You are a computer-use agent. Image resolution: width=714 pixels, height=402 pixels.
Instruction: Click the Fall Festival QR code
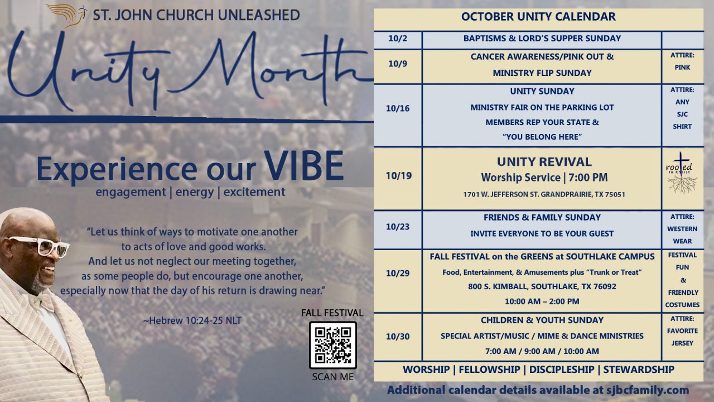click(332, 344)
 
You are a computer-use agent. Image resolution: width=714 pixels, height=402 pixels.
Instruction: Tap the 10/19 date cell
click(398, 176)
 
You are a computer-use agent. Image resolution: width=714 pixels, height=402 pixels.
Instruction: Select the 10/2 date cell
click(398, 39)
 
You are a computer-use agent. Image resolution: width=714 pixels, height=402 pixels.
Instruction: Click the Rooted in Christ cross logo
click(682, 173)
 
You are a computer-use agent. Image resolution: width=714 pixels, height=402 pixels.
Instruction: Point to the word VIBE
click(304, 165)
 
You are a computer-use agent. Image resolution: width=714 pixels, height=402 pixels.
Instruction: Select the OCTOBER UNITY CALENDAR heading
click(538, 17)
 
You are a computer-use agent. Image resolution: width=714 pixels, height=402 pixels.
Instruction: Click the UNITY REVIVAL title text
click(544, 162)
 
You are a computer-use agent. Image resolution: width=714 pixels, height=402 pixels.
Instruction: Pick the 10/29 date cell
click(398, 273)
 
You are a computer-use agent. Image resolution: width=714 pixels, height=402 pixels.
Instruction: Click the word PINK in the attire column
click(682, 67)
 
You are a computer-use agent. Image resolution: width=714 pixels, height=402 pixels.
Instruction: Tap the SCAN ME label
click(332, 377)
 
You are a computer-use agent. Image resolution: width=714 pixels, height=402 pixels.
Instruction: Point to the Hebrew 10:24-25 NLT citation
click(192, 320)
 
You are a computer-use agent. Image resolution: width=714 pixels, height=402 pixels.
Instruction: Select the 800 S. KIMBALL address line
click(542, 286)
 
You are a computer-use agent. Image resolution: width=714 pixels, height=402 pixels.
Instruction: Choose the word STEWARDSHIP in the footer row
click(639, 370)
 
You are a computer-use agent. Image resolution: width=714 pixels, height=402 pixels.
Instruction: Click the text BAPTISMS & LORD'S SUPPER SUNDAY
click(542, 39)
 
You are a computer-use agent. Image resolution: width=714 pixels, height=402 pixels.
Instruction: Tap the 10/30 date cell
click(398, 336)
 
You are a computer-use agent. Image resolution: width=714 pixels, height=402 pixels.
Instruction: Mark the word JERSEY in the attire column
click(682, 343)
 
